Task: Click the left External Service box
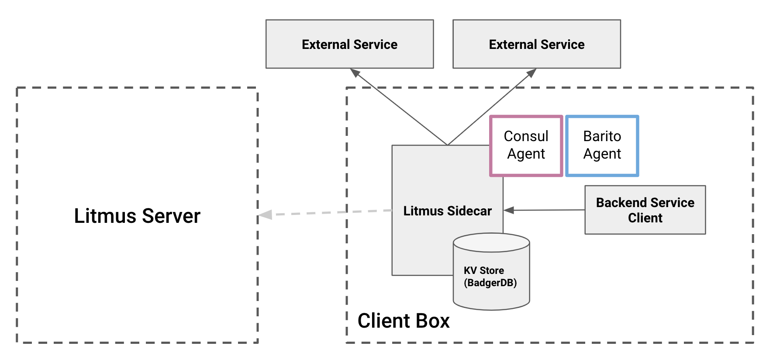point(349,44)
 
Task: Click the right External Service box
point(536,44)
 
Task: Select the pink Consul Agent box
point(526,145)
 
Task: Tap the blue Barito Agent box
point(602,145)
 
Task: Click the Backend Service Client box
point(645,210)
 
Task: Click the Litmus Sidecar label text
point(447,211)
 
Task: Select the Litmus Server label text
point(137,216)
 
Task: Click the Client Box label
point(403,321)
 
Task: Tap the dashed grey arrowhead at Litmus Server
point(265,215)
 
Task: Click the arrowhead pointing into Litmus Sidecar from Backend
point(509,210)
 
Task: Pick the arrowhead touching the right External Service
point(531,73)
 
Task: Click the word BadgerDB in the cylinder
point(490,283)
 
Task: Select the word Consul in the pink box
point(526,136)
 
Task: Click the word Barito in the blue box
point(602,136)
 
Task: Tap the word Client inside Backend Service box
point(645,218)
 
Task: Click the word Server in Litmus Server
point(171,216)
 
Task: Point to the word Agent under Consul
point(526,154)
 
